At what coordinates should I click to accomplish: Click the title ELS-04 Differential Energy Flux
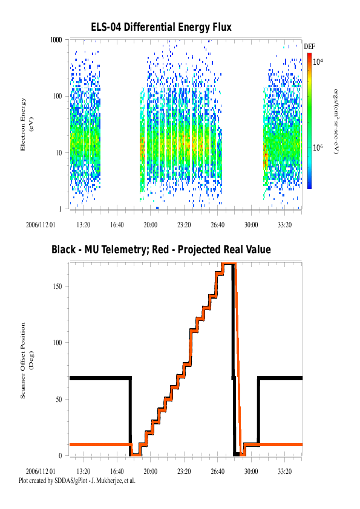click(x=161, y=27)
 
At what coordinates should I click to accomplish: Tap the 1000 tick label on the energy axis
click(x=56, y=40)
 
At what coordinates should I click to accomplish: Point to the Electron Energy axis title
click(x=27, y=125)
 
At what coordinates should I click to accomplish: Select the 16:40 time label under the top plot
click(x=117, y=225)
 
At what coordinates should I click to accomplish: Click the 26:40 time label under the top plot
click(x=217, y=225)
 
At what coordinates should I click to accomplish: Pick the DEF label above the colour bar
click(x=309, y=47)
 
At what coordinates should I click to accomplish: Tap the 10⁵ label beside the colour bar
click(x=318, y=148)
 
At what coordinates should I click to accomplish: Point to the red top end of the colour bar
click(x=310, y=54)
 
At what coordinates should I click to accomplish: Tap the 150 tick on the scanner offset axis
click(x=57, y=287)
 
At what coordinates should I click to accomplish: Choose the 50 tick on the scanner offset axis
click(x=59, y=399)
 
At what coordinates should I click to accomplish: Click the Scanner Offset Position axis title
click(x=27, y=360)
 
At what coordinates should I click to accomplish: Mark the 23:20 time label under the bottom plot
click(x=184, y=472)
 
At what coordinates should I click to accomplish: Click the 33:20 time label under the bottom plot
click(x=284, y=472)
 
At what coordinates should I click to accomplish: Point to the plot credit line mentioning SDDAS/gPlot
click(x=77, y=481)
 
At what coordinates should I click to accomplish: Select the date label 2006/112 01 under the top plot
click(x=41, y=225)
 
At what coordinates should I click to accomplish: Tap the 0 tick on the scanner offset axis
click(x=60, y=455)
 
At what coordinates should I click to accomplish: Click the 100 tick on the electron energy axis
click(x=57, y=96)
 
